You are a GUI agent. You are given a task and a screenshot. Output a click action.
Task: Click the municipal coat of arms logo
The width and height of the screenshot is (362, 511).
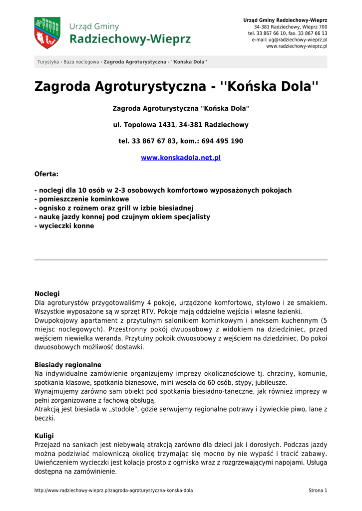click(47, 33)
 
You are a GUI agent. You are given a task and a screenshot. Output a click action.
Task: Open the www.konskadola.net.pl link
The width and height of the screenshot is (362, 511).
click(181, 158)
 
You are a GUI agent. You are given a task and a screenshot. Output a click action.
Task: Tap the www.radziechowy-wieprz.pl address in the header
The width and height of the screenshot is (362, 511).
click(297, 46)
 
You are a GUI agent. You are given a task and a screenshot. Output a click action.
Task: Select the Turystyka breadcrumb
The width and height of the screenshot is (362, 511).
click(48, 62)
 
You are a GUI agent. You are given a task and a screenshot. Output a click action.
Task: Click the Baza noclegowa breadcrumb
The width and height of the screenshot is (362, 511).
click(81, 62)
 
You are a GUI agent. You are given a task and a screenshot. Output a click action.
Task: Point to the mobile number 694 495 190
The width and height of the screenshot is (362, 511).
click(222, 141)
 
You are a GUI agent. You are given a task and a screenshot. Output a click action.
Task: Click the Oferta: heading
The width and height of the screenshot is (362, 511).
click(46, 174)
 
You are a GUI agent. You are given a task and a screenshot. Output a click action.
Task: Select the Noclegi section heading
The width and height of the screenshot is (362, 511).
click(47, 294)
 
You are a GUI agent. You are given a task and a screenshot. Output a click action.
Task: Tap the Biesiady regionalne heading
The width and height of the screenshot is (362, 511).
click(68, 365)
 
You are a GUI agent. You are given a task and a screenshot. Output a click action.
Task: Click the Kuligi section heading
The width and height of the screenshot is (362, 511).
click(44, 436)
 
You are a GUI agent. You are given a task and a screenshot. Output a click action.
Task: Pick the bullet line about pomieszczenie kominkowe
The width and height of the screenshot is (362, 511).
click(81, 199)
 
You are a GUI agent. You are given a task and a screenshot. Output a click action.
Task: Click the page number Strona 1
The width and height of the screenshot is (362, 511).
click(318, 491)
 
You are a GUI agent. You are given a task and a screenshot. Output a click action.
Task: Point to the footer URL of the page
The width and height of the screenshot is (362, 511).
click(113, 491)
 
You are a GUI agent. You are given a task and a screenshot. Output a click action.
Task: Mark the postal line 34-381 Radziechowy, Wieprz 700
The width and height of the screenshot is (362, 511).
click(291, 26)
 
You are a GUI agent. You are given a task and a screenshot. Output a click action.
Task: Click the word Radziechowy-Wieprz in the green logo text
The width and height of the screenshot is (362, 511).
click(130, 39)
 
